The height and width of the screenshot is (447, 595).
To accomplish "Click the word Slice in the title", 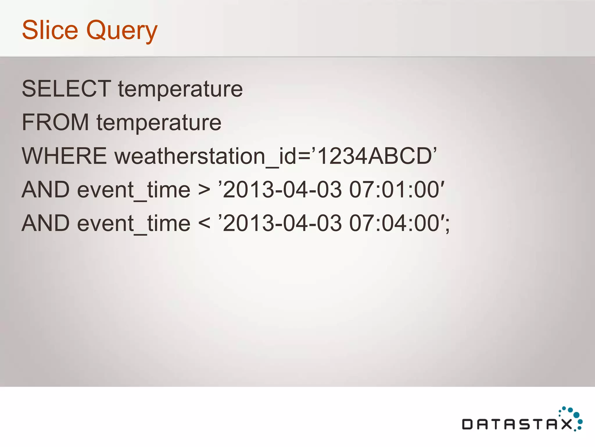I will [50, 30].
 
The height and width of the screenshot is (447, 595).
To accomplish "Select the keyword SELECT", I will [67, 88].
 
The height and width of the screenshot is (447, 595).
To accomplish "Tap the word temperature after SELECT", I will [180, 89].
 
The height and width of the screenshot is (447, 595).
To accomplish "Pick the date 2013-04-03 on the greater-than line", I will [282, 190].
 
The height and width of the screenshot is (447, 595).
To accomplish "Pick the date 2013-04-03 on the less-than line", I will [282, 223].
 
